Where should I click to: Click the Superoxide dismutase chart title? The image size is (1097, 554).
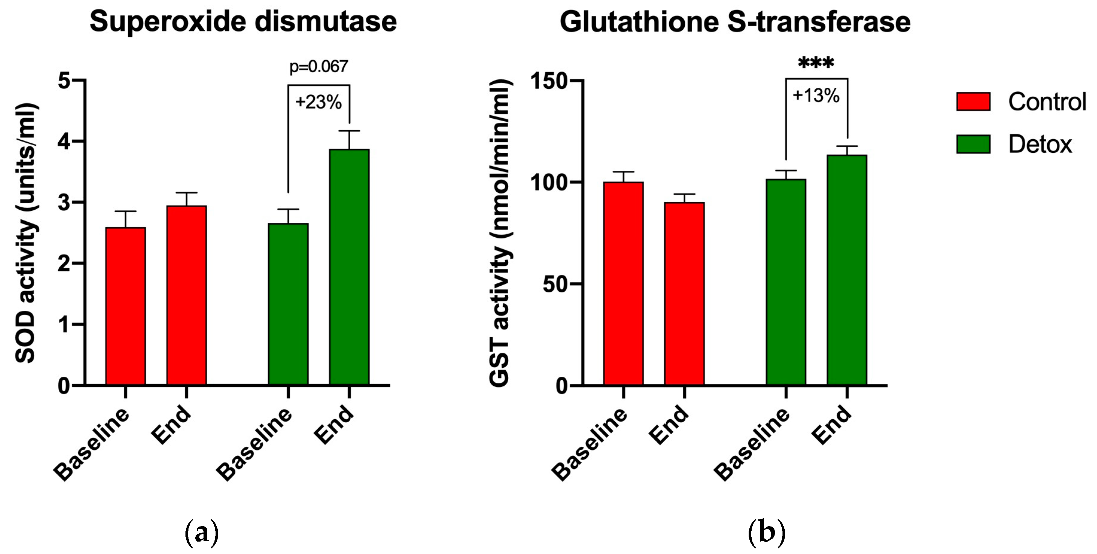(243, 21)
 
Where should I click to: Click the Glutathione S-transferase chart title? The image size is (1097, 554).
(735, 21)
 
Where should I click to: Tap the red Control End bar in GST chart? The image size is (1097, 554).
(684, 294)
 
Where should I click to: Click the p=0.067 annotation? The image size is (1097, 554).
(319, 67)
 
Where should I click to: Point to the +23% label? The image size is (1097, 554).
(318, 102)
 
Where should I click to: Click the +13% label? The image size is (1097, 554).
(816, 96)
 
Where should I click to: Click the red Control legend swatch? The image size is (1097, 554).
(973, 101)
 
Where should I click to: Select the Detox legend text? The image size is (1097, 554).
(1039, 145)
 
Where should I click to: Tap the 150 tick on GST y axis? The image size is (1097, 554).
(548, 81)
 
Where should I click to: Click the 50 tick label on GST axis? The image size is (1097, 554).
(555, 284)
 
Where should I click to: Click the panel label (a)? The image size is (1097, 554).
(201, 533)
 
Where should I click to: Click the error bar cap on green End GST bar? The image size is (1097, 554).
(846, 146)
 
